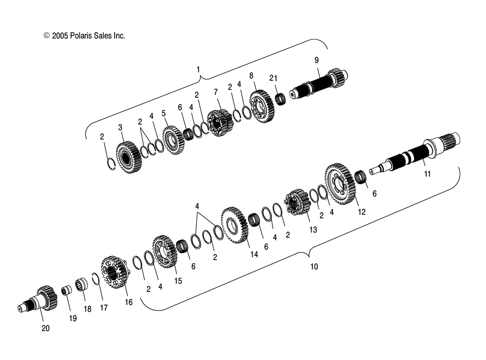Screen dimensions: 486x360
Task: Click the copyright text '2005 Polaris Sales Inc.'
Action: [88, 36]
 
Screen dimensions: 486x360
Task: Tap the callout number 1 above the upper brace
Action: [198, 70]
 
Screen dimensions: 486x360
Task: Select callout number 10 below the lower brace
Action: [314, 267]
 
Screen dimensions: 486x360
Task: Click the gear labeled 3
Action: [129, 157]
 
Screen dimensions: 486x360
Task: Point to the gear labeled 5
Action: [174, 140]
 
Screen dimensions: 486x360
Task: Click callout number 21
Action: [273, 78]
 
